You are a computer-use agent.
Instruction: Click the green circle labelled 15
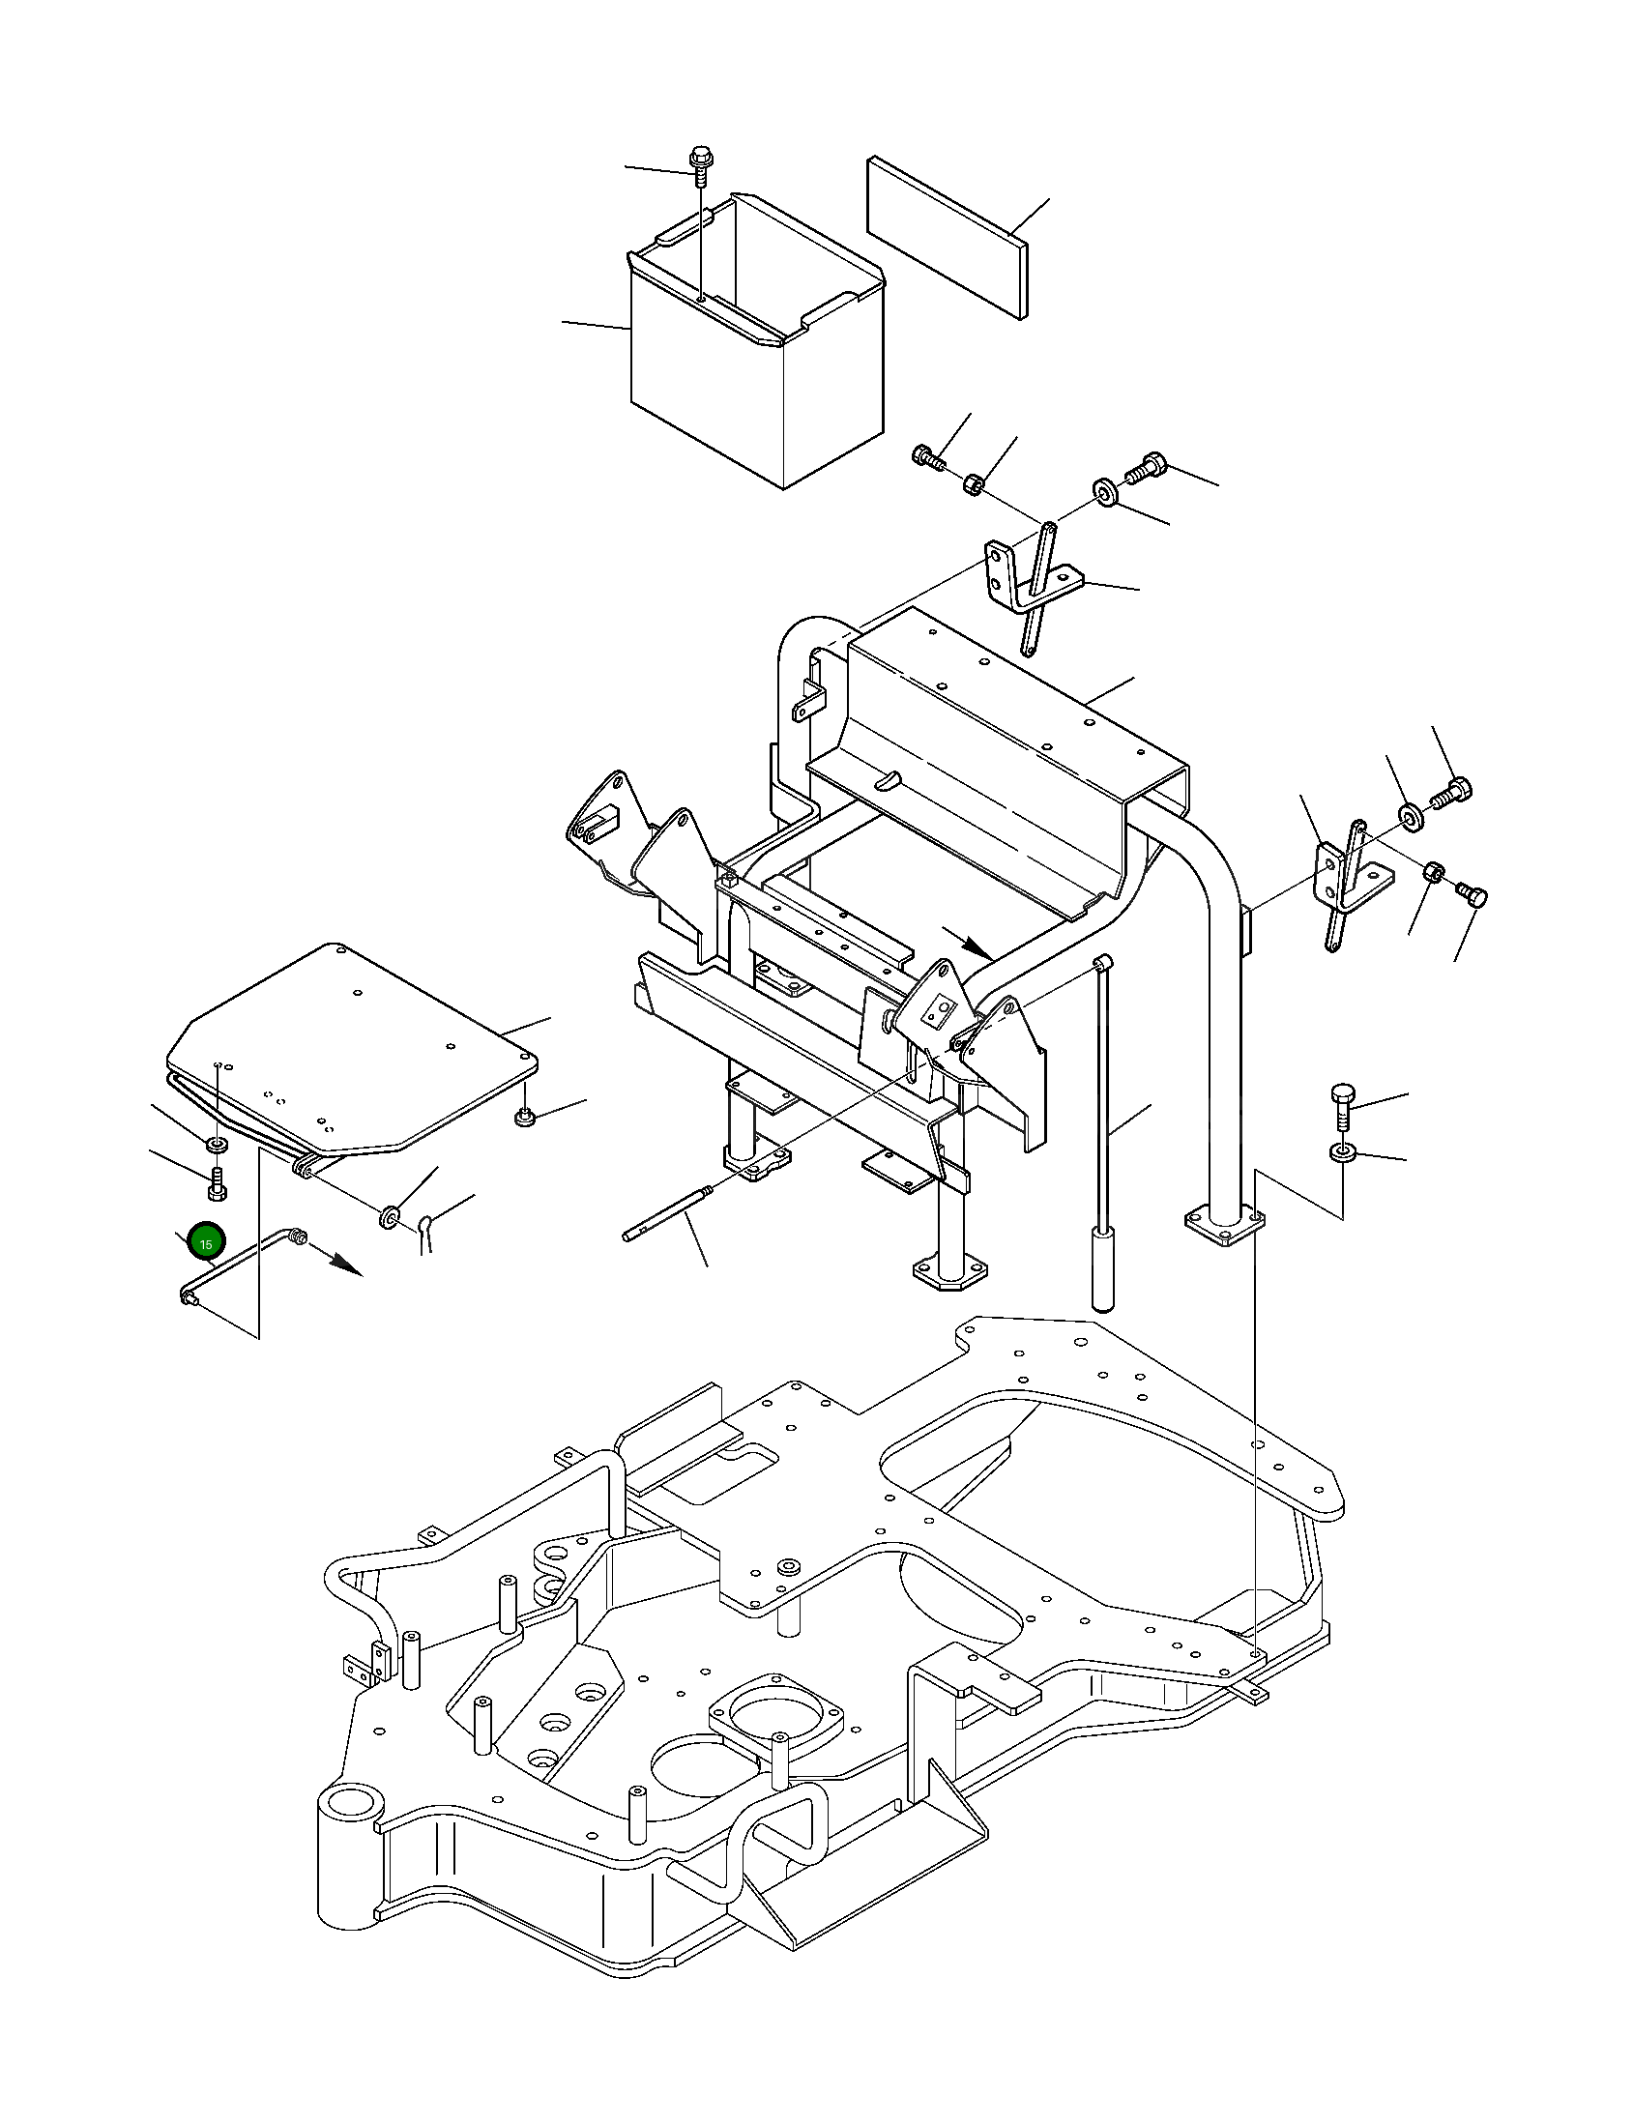(x=206, y=1242)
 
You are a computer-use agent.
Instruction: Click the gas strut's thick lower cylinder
(x=1102, y=1270)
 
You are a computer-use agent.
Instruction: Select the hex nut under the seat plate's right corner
(x=525, y=1118)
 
